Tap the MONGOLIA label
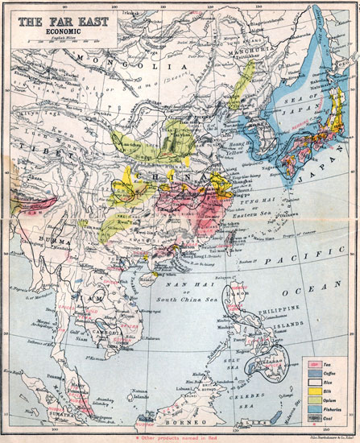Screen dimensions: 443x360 (x=121, y=60)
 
